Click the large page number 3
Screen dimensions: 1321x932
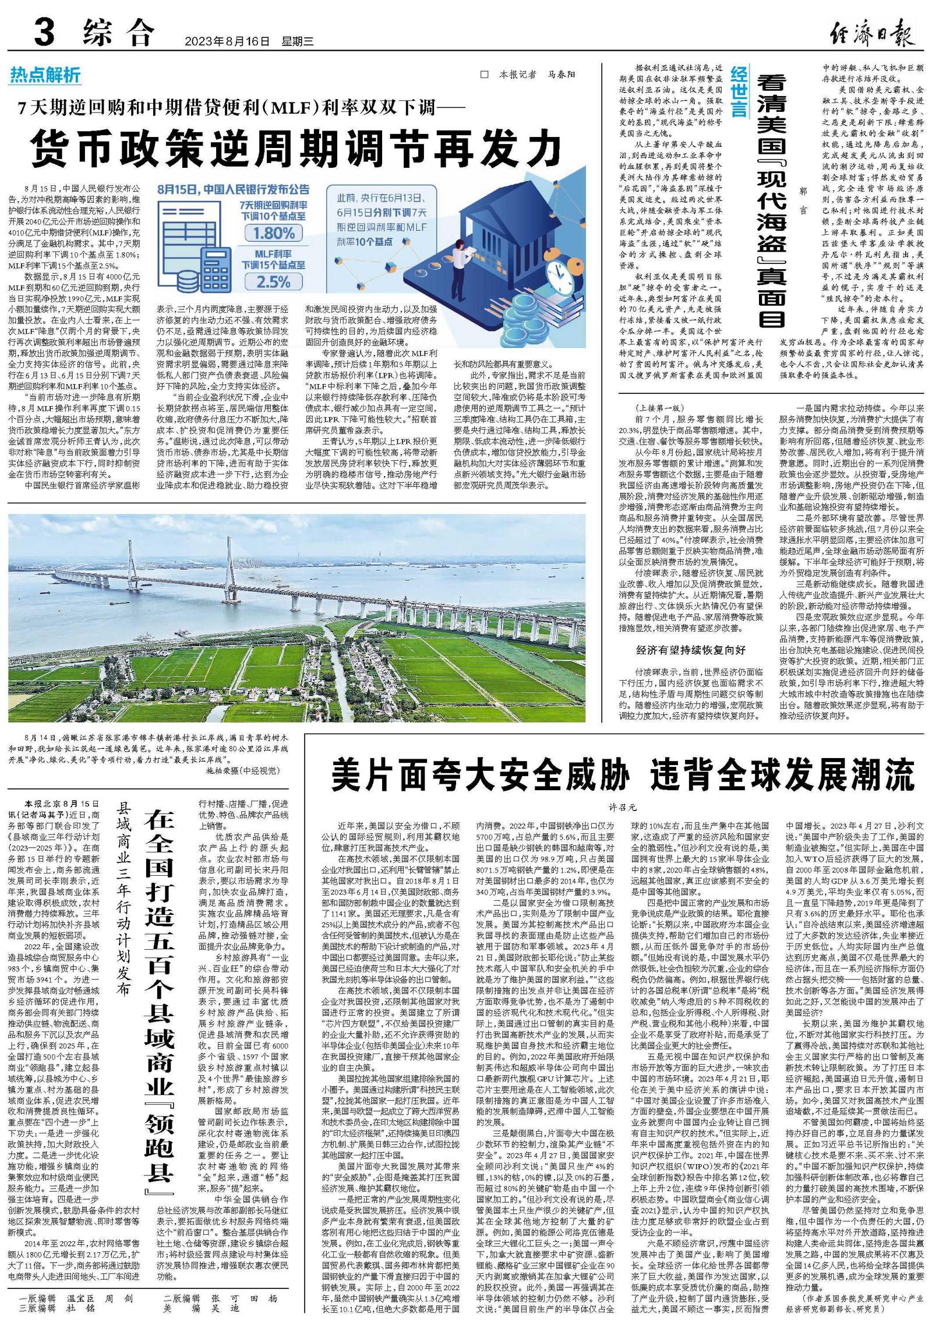(44, 33)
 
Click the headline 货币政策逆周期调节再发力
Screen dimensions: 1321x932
(297, 149)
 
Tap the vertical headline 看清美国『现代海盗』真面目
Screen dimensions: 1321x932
(771, 201)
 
